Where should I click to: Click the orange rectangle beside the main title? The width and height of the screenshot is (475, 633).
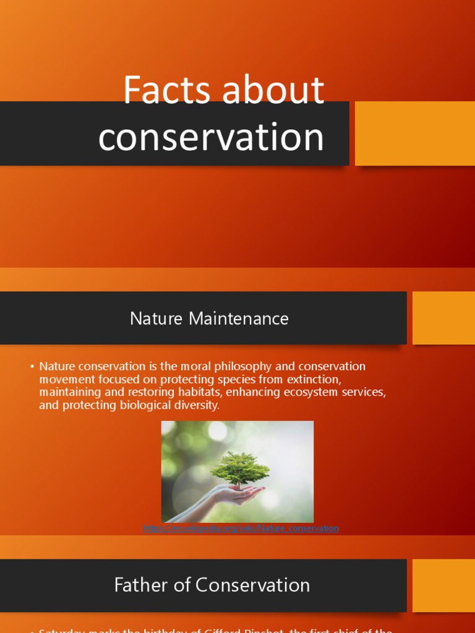(x=414, y=134)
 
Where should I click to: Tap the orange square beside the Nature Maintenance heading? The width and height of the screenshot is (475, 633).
(x=443, y=318)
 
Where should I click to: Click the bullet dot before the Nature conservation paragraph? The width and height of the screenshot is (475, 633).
(x=32, y=367)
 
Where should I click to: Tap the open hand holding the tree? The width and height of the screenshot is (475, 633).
(x=238, y=495)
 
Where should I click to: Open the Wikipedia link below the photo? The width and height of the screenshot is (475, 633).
(x=241, y=529)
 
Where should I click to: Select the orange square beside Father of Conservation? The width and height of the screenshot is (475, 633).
(x=443, y=585)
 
